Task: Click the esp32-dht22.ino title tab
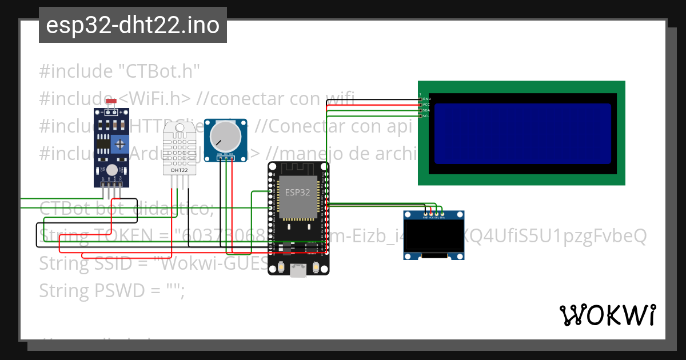pyautogui.click(x=133, y=26)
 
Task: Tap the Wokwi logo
pyautogui.click(x=607, y=315)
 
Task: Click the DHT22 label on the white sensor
pyautogui.click(x=180, y=170)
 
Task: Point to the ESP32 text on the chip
pyautogui.click(x=298, y=193)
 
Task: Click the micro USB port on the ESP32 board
pyautogui.click(x=298, y=270)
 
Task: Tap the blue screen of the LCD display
pyautogui.click(x=523, y=134)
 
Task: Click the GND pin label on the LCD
pyautogui.click(x=426, y=99)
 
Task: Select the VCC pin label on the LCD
pyautogui.click(x=426, y=105)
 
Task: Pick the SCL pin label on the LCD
pyautogui.click(x=426, y=116)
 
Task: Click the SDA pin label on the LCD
pyautogui.click(x=426, y=110)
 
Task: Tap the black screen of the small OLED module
pyautogui.click(x=434, y=238)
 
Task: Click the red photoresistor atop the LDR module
pyautogui.click(x=111, y=101)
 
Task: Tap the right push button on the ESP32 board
pyautogui.click(x=316, y=268)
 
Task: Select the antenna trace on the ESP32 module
pyautogui.click(x=298, y=170)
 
